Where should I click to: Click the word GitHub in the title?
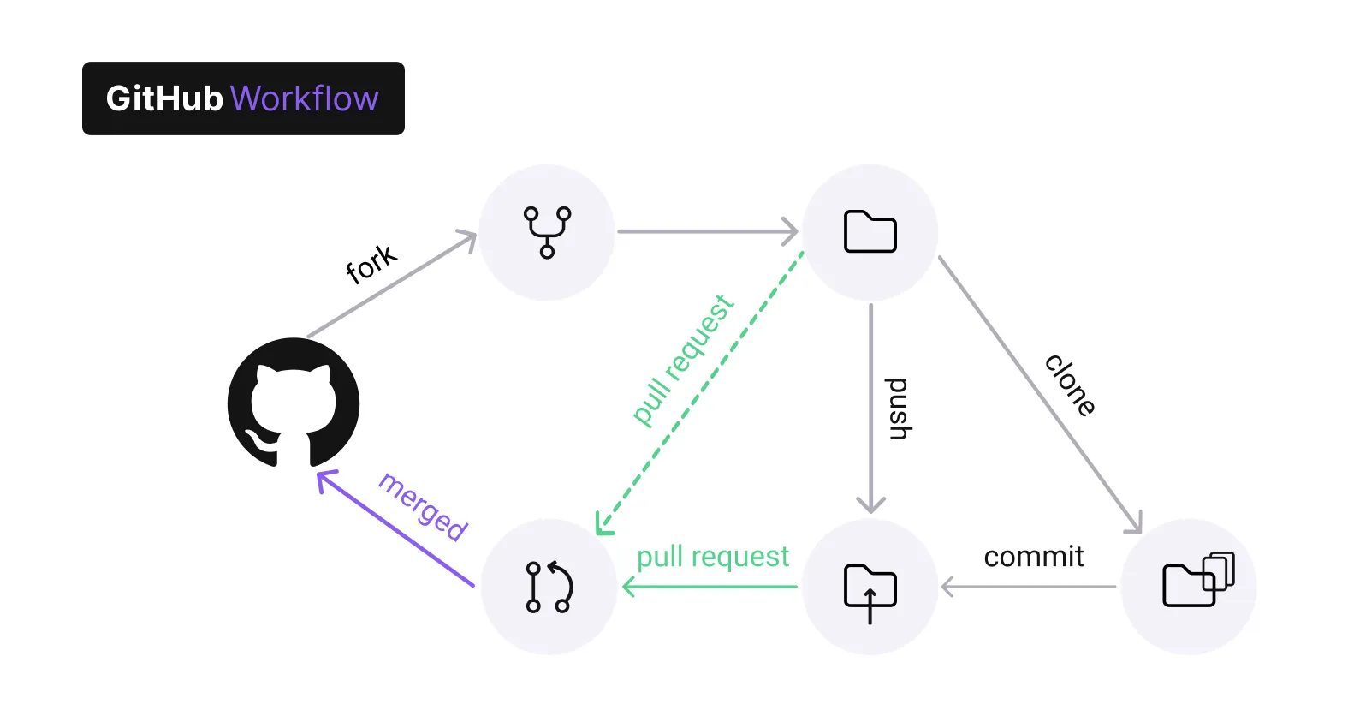[163, 98]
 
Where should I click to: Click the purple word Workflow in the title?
[304, 98]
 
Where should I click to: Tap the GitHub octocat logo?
[294, 403]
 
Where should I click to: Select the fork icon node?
[547, 232]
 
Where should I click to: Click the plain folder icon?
[870, 231]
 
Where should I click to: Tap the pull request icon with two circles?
[549, 587]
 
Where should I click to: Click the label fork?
[371, 264]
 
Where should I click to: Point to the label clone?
[1070, 385]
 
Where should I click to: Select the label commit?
[1033, 557]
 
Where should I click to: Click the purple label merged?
[423, 506]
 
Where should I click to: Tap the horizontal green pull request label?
[712, 557]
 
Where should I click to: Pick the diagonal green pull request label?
[683, 360]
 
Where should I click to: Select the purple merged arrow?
[395, 528]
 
